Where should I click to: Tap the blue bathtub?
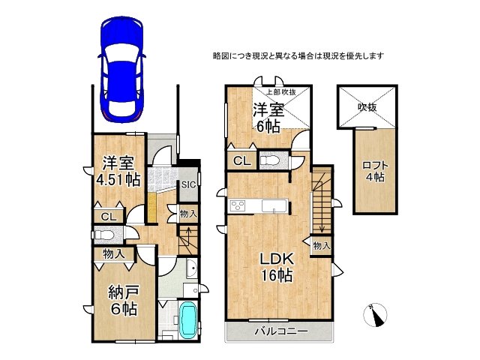186,322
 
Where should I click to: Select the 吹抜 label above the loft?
366,107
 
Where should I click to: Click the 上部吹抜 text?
268,92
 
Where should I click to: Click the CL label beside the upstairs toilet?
241,160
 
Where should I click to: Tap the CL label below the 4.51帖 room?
108,217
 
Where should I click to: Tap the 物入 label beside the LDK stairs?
321,245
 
